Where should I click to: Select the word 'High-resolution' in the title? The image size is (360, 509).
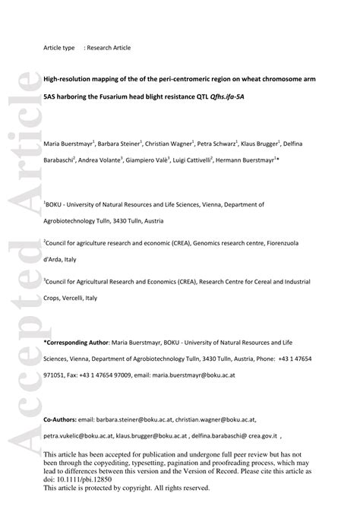pos(65,78)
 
